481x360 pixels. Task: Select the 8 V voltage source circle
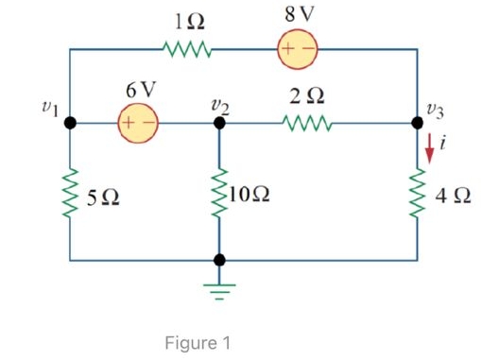[x=297, y=48]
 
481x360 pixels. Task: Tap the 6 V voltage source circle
[x=137, y=122]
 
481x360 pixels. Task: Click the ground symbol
[x=219, y=286]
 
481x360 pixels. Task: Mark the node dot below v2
[x=219, y=122]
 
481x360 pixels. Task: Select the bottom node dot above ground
[x=219, y=258]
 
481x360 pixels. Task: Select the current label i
[x=444, y=145]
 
